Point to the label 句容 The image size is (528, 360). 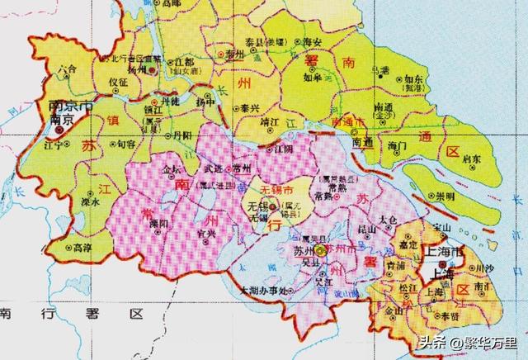click(x=125, y=144)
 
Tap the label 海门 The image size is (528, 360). click(x=420, y=145)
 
